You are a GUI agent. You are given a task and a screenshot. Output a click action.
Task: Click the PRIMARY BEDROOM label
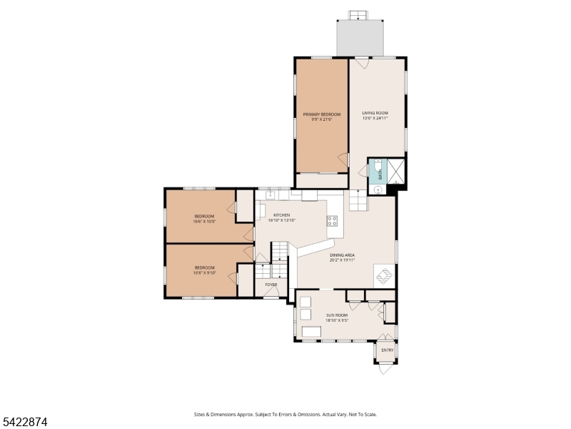[x=321, y=114]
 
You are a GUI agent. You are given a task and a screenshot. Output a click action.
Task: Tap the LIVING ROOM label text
[x=375, y=113]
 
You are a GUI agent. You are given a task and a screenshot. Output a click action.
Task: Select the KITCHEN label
[x=281, y=215]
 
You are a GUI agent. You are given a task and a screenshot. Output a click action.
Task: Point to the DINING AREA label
[x=342, y=255]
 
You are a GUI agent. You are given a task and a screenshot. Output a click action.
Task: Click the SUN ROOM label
[x=337, y=315]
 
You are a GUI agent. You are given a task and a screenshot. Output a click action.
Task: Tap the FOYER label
[x=271, y=285]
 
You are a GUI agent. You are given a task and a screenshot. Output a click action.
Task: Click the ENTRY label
[x=387, y=350]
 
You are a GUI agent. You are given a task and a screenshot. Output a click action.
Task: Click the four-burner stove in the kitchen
[x=333, y=221]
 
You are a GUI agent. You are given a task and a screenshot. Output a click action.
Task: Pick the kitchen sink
[x=271, y=194]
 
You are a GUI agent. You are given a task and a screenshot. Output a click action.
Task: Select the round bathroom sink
[x=377, y=189]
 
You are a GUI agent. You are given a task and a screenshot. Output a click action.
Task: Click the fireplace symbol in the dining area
[x=383, y=275]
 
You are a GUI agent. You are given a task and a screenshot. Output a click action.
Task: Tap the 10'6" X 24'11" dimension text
[x=375, y=119]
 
